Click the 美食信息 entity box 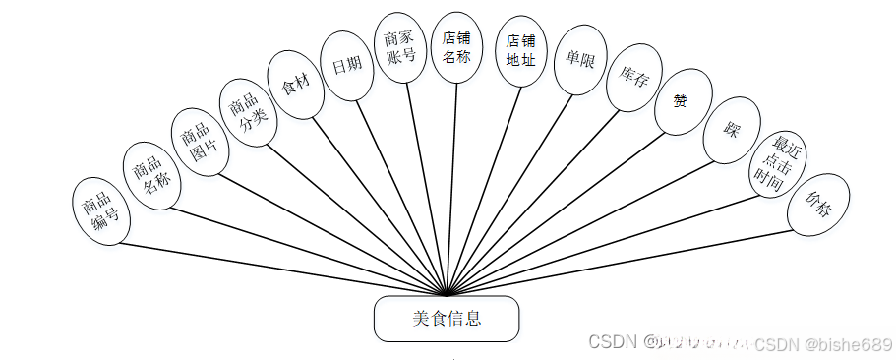(x=447, y=319)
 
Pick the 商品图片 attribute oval (x=201, y=143)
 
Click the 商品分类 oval (x=246, y=113)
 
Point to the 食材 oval (x=296, y=85)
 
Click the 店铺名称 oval (x=456, y=48)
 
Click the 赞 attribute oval (x=683, y=101)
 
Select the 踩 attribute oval (x=731, y=130)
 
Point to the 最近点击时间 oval (x=777, y=161)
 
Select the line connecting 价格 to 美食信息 (x=629, y=262)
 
